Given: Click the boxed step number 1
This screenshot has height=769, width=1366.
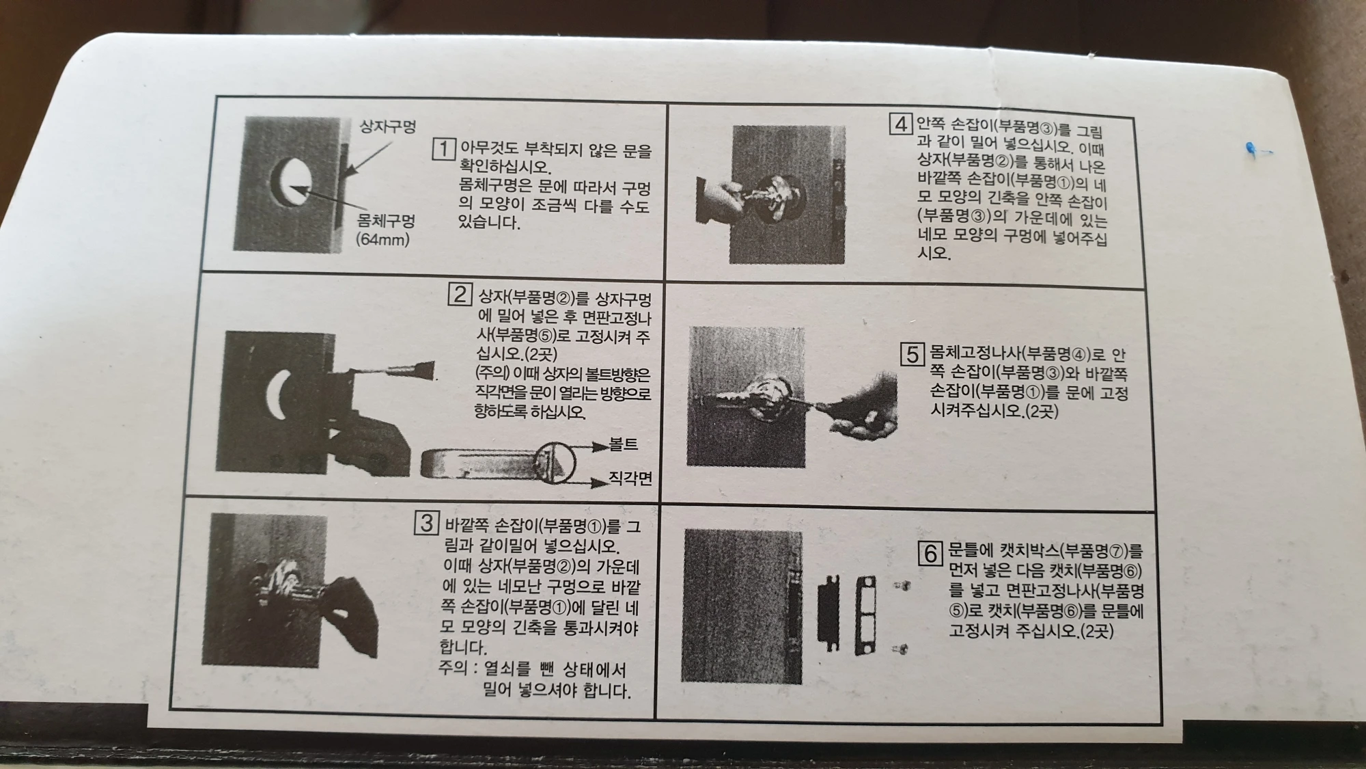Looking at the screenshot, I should click(443, 148).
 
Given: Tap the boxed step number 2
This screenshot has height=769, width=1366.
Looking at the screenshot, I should click(460, 295).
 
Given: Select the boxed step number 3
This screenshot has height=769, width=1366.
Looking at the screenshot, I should click(426, 524).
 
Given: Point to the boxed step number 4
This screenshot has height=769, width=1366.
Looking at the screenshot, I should click(901, 124).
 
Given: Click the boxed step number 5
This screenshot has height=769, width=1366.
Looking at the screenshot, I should click(912, 354).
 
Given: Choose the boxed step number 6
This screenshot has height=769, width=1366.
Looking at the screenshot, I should click(930, 553).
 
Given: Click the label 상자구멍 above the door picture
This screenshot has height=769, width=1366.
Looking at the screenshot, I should click(387, 126).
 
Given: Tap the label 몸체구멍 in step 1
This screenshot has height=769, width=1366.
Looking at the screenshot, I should click(386, 221).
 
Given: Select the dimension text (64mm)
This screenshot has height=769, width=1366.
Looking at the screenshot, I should click(382, 240).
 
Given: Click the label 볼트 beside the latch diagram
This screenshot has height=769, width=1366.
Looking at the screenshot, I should click(623, 445).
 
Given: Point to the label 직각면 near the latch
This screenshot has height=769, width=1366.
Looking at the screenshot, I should click(630, 478).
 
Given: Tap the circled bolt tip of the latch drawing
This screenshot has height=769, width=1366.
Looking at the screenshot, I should click(555, 463).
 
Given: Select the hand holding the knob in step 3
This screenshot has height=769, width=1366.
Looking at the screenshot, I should click(352, 608).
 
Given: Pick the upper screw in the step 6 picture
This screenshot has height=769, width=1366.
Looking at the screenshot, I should click(903, 586).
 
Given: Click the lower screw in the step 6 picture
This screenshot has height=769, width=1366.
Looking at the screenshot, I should click(902, 649).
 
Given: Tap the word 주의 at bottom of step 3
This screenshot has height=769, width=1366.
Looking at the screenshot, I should click(453, 668).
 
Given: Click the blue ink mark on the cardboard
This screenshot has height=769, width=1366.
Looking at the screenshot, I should click(1251, 150).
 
